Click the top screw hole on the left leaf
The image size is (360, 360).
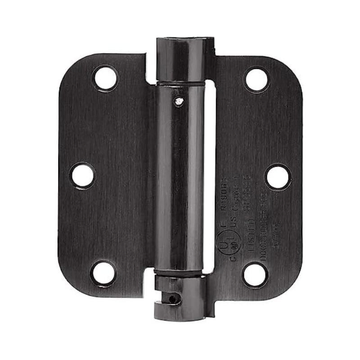pos(105,77)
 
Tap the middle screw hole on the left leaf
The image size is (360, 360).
pos(83,175)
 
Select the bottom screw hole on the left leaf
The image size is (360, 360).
pos(103,273)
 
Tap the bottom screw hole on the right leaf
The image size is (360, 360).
pos(255,274)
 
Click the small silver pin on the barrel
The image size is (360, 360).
pos(179,102)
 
